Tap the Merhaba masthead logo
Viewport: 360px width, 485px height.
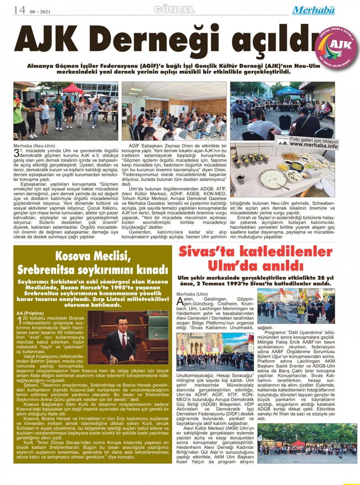pyautogui.click(x=313, y=11)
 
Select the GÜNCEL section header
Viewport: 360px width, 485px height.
pyautogui.click(x=174, y=10)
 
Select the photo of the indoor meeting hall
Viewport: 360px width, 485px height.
pyautogui.click(x=174, y=111)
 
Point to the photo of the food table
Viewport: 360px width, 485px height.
pyautogui.click(x=282, y=170)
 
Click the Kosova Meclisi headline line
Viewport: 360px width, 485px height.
pyautogui.click(x=93, y=255)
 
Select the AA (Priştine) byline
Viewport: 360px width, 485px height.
pyautogui.click(x=30, y=313)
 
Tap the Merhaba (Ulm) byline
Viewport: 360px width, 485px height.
pyautogui.click(x=192, y=294)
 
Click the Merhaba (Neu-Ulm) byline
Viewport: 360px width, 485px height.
pyautogui.click(x=34, y=146)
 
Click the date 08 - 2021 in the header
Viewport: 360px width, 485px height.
pyautogui.click(x=40, y=12)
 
